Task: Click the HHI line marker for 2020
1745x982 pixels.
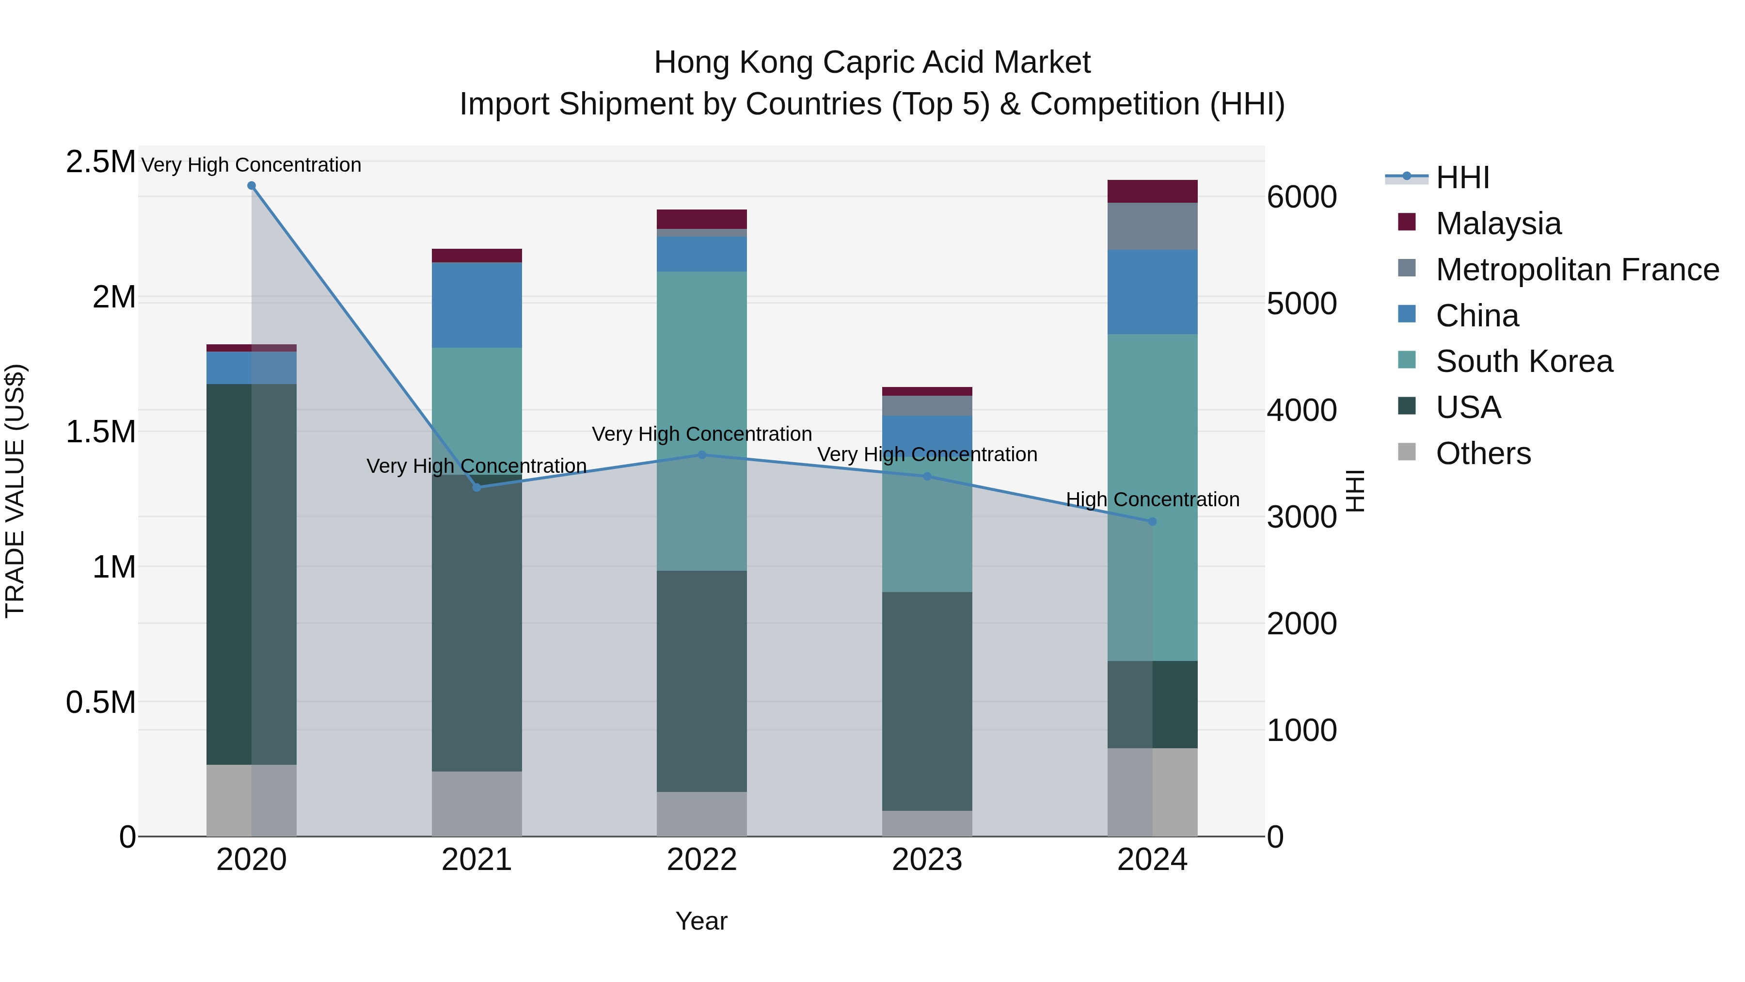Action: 251,186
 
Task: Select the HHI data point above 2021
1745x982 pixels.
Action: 477,487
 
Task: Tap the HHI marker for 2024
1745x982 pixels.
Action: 1152,521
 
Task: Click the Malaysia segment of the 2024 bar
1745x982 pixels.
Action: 1152,191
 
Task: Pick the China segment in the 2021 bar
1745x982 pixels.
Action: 477,305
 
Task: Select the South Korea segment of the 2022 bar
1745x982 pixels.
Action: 702,420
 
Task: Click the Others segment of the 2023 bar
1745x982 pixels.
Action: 927,823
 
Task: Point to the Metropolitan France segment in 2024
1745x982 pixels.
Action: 1152,225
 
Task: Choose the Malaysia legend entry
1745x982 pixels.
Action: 1498,224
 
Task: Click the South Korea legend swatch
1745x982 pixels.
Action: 1407,360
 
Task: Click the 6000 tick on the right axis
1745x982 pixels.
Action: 1301,197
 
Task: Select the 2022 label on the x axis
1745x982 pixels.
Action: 702,860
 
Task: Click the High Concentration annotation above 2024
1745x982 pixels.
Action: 1152,499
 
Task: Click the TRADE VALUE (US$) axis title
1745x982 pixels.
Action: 15,491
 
